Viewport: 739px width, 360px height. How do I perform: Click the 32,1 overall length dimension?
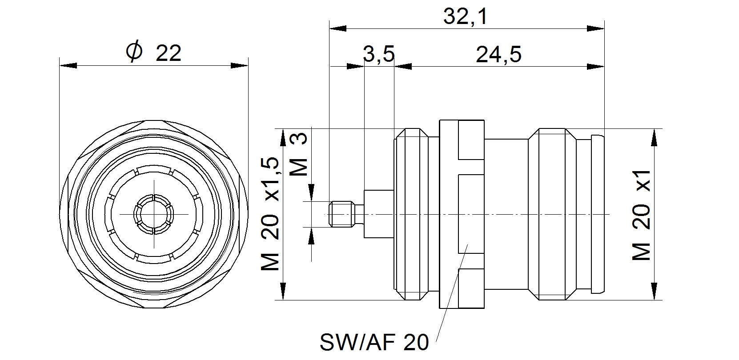(466, 17)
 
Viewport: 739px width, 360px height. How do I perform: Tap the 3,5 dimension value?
(379, 55)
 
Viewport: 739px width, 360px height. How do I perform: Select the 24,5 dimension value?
(498, 55)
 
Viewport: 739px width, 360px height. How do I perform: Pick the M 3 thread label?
(300, 155)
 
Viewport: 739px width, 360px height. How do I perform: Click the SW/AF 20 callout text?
(374, 343)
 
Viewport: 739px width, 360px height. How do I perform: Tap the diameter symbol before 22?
(134, 52)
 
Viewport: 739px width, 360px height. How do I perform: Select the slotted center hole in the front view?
(153, 214)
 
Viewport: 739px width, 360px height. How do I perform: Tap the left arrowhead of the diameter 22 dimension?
(68, 66)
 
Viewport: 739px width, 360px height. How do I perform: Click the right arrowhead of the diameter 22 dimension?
(239, 66)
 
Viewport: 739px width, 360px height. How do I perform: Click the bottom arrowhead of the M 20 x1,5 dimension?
(283, 291)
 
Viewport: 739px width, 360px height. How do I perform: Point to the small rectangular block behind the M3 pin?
(378, 214)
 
